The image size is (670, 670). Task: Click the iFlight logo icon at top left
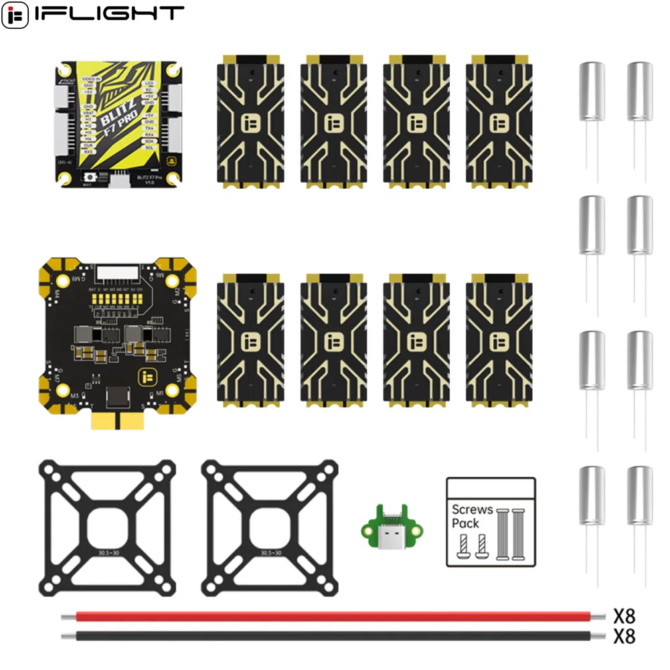pos(15,15)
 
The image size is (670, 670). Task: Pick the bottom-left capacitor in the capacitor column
pos(592,497)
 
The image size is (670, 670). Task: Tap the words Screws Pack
pos(471,515)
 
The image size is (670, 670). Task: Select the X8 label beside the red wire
pos(624,614)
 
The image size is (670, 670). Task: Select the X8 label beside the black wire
pos(624,636)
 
